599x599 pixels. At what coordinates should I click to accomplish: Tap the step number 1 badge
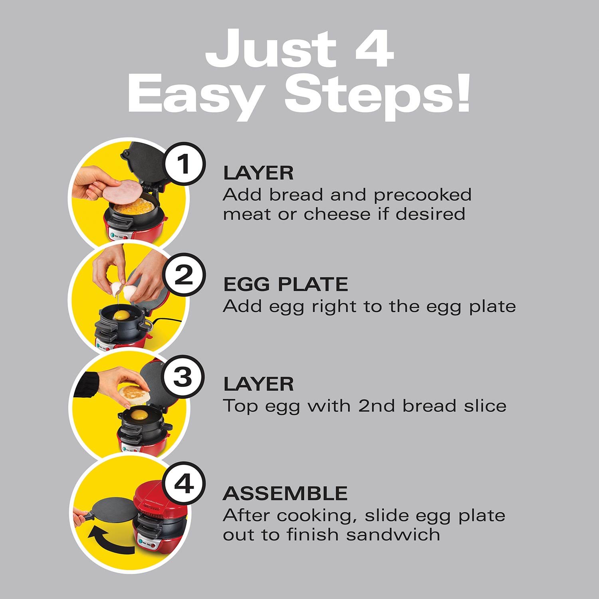pos(183,164)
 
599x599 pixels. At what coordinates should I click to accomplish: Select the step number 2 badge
pos(183,275)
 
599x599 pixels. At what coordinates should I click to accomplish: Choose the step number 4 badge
pos(184,484)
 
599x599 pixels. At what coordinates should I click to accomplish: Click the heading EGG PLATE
pos(286,284)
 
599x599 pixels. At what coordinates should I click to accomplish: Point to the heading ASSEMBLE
pos(285,494)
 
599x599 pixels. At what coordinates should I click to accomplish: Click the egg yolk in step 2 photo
pos(122,315)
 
